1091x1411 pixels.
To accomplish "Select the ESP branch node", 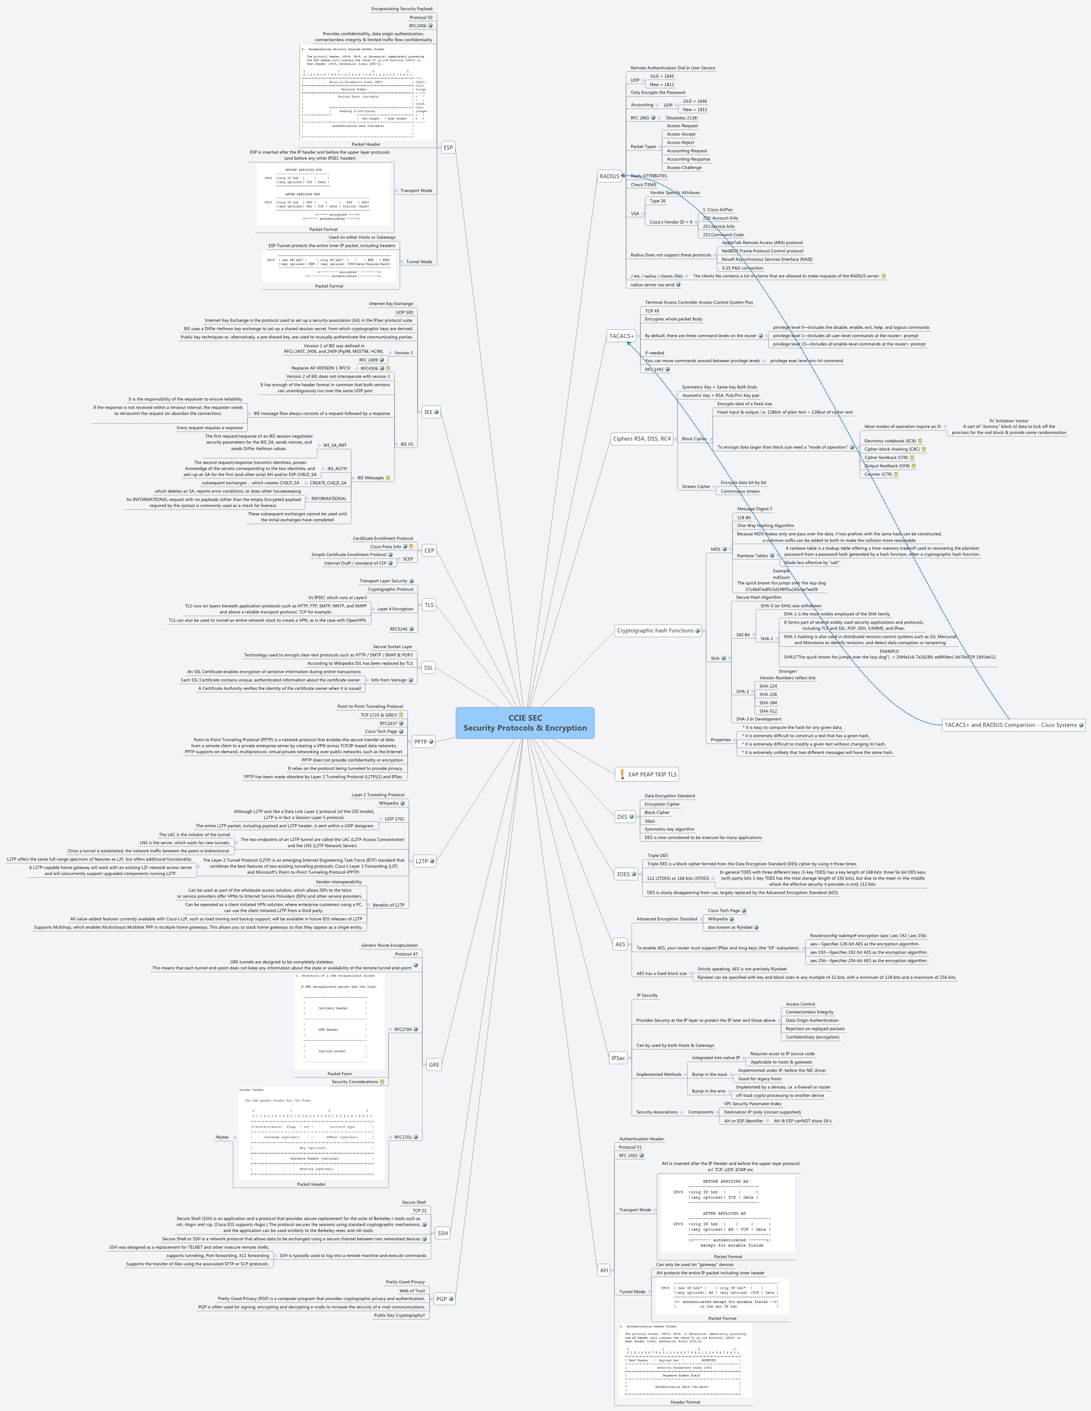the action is [x=448, y=147].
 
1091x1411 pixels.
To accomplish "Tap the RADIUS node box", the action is [x=609, y=176].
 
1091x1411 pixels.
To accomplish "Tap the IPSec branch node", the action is [x=618, y=1058].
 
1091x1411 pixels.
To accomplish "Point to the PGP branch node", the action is [x=441, y=1299].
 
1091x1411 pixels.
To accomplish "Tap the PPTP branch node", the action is [x=421, y=742].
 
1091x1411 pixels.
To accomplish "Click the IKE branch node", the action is [x=428, y=411].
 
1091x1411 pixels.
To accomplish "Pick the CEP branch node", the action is [x=429, y=551].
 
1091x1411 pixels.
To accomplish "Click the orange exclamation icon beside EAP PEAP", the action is [x=622, y=774].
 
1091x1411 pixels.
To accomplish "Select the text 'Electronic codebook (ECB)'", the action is [x=890, y=441].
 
